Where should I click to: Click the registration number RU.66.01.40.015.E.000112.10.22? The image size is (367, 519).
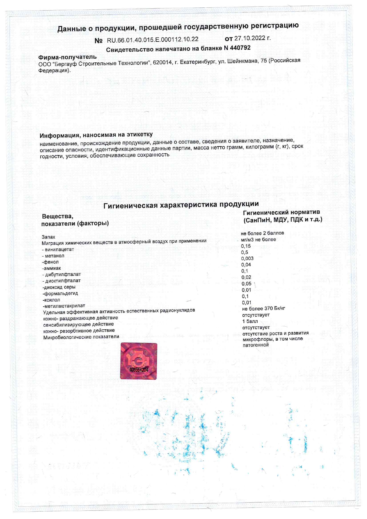click(x=152, y=40)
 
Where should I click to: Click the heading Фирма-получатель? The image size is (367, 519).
click(x=67, y=57)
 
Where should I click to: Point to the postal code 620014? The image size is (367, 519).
click(x=161, y=62)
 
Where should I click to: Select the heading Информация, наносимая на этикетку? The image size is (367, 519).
click(x=96, y=135)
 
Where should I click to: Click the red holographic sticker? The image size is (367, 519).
click(x=139, y=361)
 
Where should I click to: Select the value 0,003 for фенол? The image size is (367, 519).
click(x=247, y=258)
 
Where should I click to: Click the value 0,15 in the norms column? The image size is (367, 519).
click(x=246, y=246)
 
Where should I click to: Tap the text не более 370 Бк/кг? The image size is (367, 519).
click(x=263, y=308)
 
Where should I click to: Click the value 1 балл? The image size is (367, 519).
click(x=250, y=321)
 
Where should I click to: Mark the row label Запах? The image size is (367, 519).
click(x=49, y=237)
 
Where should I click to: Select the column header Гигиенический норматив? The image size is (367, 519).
click(x=281, y=212)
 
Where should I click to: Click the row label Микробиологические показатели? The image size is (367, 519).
click(x=81, y=337)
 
